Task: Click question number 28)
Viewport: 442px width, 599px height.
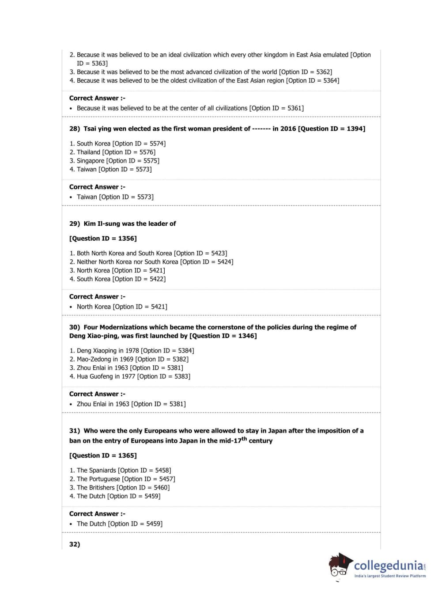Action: (74, 129)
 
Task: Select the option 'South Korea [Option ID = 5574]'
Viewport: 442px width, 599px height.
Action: (117, 144)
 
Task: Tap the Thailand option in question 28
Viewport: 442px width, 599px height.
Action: (112, 152)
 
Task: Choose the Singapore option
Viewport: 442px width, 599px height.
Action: (114, 161)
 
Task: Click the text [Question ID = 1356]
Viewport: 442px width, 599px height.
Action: (103, 239)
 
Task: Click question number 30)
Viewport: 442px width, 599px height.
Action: (74, 327)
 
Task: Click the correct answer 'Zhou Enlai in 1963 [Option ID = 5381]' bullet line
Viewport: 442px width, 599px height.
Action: (131, 404)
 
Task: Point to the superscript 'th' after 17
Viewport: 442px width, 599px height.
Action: (244, 439)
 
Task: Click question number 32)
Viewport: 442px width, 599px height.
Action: (75, 545)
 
